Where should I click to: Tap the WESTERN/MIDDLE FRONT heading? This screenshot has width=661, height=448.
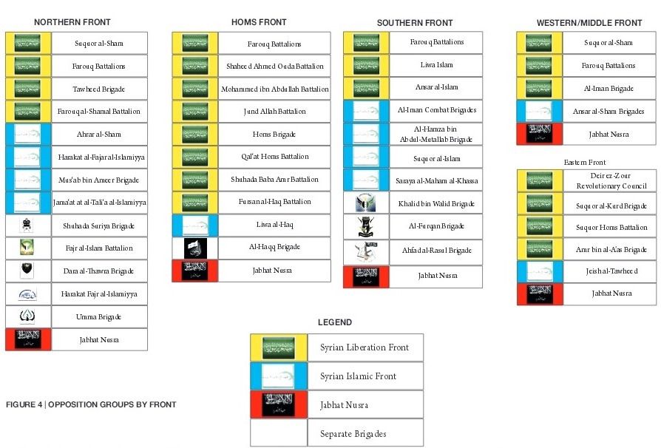(589, 24)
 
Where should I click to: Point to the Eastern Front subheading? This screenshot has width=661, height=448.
(584, 162)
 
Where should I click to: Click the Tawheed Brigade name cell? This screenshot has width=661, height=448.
(99, 89)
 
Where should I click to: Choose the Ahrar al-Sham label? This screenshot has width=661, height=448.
(99, 135)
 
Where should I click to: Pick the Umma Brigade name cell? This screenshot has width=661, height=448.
(99, 316)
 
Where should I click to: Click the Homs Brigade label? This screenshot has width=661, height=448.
(274, 135)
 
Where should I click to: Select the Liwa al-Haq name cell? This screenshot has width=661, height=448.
(274, 225)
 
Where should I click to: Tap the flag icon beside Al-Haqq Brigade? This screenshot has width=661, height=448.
(195, 248)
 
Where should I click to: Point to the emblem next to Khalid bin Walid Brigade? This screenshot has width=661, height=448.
(366, 203)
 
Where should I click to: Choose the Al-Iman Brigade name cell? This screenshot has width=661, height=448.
(609, 89)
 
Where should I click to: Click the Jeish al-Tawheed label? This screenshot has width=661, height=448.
(609, 271)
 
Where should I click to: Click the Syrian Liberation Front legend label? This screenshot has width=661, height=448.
(364, 347)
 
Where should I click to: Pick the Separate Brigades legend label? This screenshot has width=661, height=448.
(353, 433)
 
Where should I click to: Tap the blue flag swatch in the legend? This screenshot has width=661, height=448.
(279, 376)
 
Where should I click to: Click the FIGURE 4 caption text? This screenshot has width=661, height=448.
(91, 404)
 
